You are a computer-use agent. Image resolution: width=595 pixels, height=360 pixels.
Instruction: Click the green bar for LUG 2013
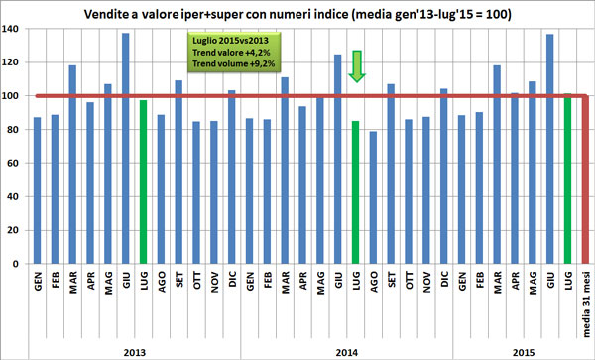(144, 182)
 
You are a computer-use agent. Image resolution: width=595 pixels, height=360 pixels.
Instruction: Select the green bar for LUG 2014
(356, 192)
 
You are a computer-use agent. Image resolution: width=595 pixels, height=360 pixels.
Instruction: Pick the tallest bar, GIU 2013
(126, 149)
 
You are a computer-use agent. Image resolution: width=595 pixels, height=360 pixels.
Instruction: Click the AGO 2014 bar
(374, 197)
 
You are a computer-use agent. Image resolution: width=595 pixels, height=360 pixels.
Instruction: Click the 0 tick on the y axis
(18, 265)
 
